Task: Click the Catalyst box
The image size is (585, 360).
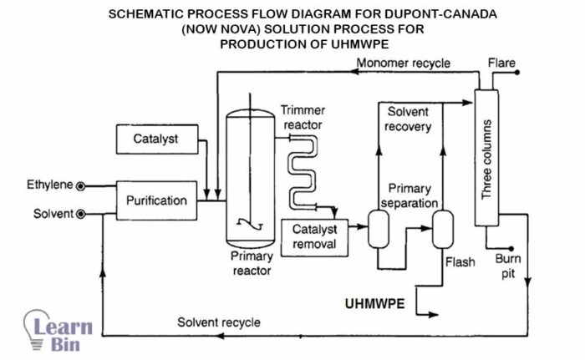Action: [x=155, y=138]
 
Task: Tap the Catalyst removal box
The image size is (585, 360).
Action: [x=308, y=236]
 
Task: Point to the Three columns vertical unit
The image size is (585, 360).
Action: [x=486, y=159]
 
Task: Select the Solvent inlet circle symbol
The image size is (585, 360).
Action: [x=81, y=215]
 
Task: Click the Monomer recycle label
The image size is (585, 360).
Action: [x=404, y=63]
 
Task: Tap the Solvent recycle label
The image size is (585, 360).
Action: [x=218, y=322]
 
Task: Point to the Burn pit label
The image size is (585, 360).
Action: [x=508, y=266]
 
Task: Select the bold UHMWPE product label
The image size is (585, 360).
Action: [x=375, y=303]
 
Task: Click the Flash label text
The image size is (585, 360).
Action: [x=460, y=262]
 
